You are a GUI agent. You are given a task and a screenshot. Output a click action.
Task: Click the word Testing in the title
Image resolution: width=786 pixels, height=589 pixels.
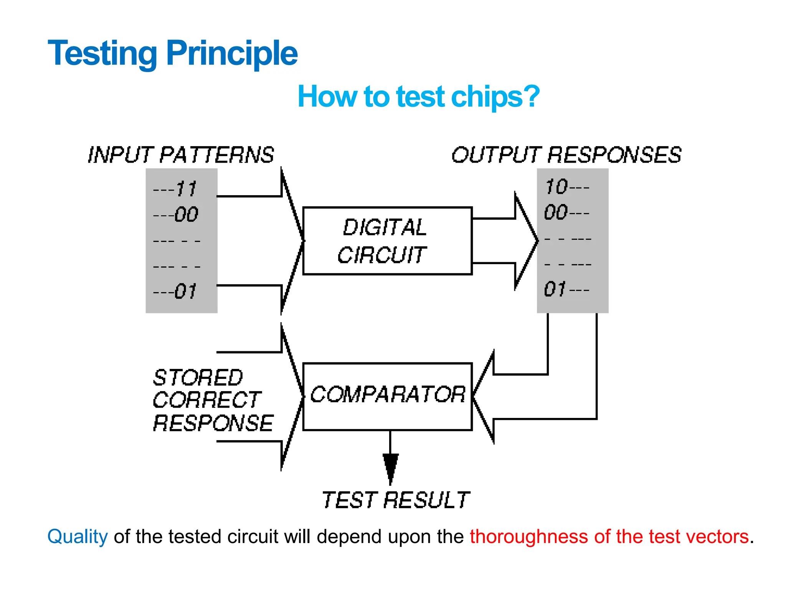[102, 54]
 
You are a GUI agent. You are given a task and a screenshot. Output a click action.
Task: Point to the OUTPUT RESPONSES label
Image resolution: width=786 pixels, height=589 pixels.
[566, 155]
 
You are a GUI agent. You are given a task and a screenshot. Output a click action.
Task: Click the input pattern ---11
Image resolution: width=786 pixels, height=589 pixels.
[175, 189]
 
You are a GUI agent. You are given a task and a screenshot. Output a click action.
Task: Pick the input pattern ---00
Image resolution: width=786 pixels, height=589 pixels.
[176, 214]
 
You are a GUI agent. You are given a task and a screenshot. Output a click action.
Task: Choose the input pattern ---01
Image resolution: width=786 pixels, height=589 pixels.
[175, 291]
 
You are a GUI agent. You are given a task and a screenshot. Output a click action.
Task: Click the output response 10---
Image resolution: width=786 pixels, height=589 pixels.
[567, 187]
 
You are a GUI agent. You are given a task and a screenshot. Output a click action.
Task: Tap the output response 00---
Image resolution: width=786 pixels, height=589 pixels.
[566, 212]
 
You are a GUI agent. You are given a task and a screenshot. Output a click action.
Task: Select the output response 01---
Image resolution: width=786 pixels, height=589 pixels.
[566, 290]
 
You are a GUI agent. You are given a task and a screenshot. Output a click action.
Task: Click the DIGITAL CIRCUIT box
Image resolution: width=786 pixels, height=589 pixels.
[387, 241]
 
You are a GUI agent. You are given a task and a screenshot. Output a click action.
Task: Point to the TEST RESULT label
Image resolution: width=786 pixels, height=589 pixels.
[395, 500]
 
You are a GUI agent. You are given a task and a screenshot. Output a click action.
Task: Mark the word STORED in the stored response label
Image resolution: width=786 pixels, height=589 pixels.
[198, 378]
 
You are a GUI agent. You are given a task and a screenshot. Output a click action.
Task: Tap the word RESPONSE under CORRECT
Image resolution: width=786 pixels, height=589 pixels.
[213, 424]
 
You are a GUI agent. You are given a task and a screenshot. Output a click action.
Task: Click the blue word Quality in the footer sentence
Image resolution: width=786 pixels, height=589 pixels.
[78, 536]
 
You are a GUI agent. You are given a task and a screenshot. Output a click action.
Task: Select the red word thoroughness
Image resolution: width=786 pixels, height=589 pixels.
[529, 536]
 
